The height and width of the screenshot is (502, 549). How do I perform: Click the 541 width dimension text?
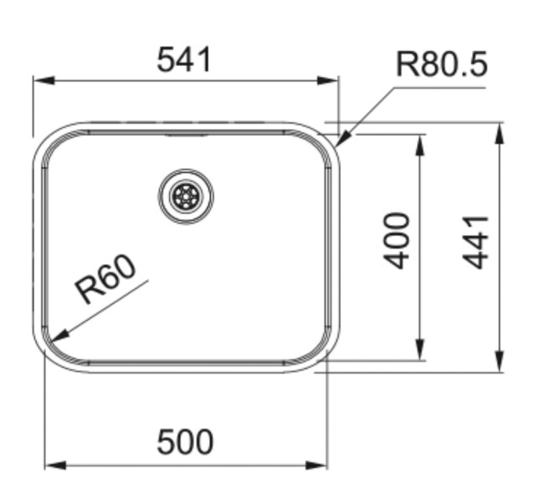pos(185,60)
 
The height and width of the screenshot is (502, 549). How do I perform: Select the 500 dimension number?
pos(185,442)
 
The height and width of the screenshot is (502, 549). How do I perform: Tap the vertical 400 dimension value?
pos(398,241)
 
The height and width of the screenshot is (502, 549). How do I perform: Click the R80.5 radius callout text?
pos(441,64)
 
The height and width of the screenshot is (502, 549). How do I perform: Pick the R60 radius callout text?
pos(105,280)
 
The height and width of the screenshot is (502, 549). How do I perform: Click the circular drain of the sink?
pos(186,197)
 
